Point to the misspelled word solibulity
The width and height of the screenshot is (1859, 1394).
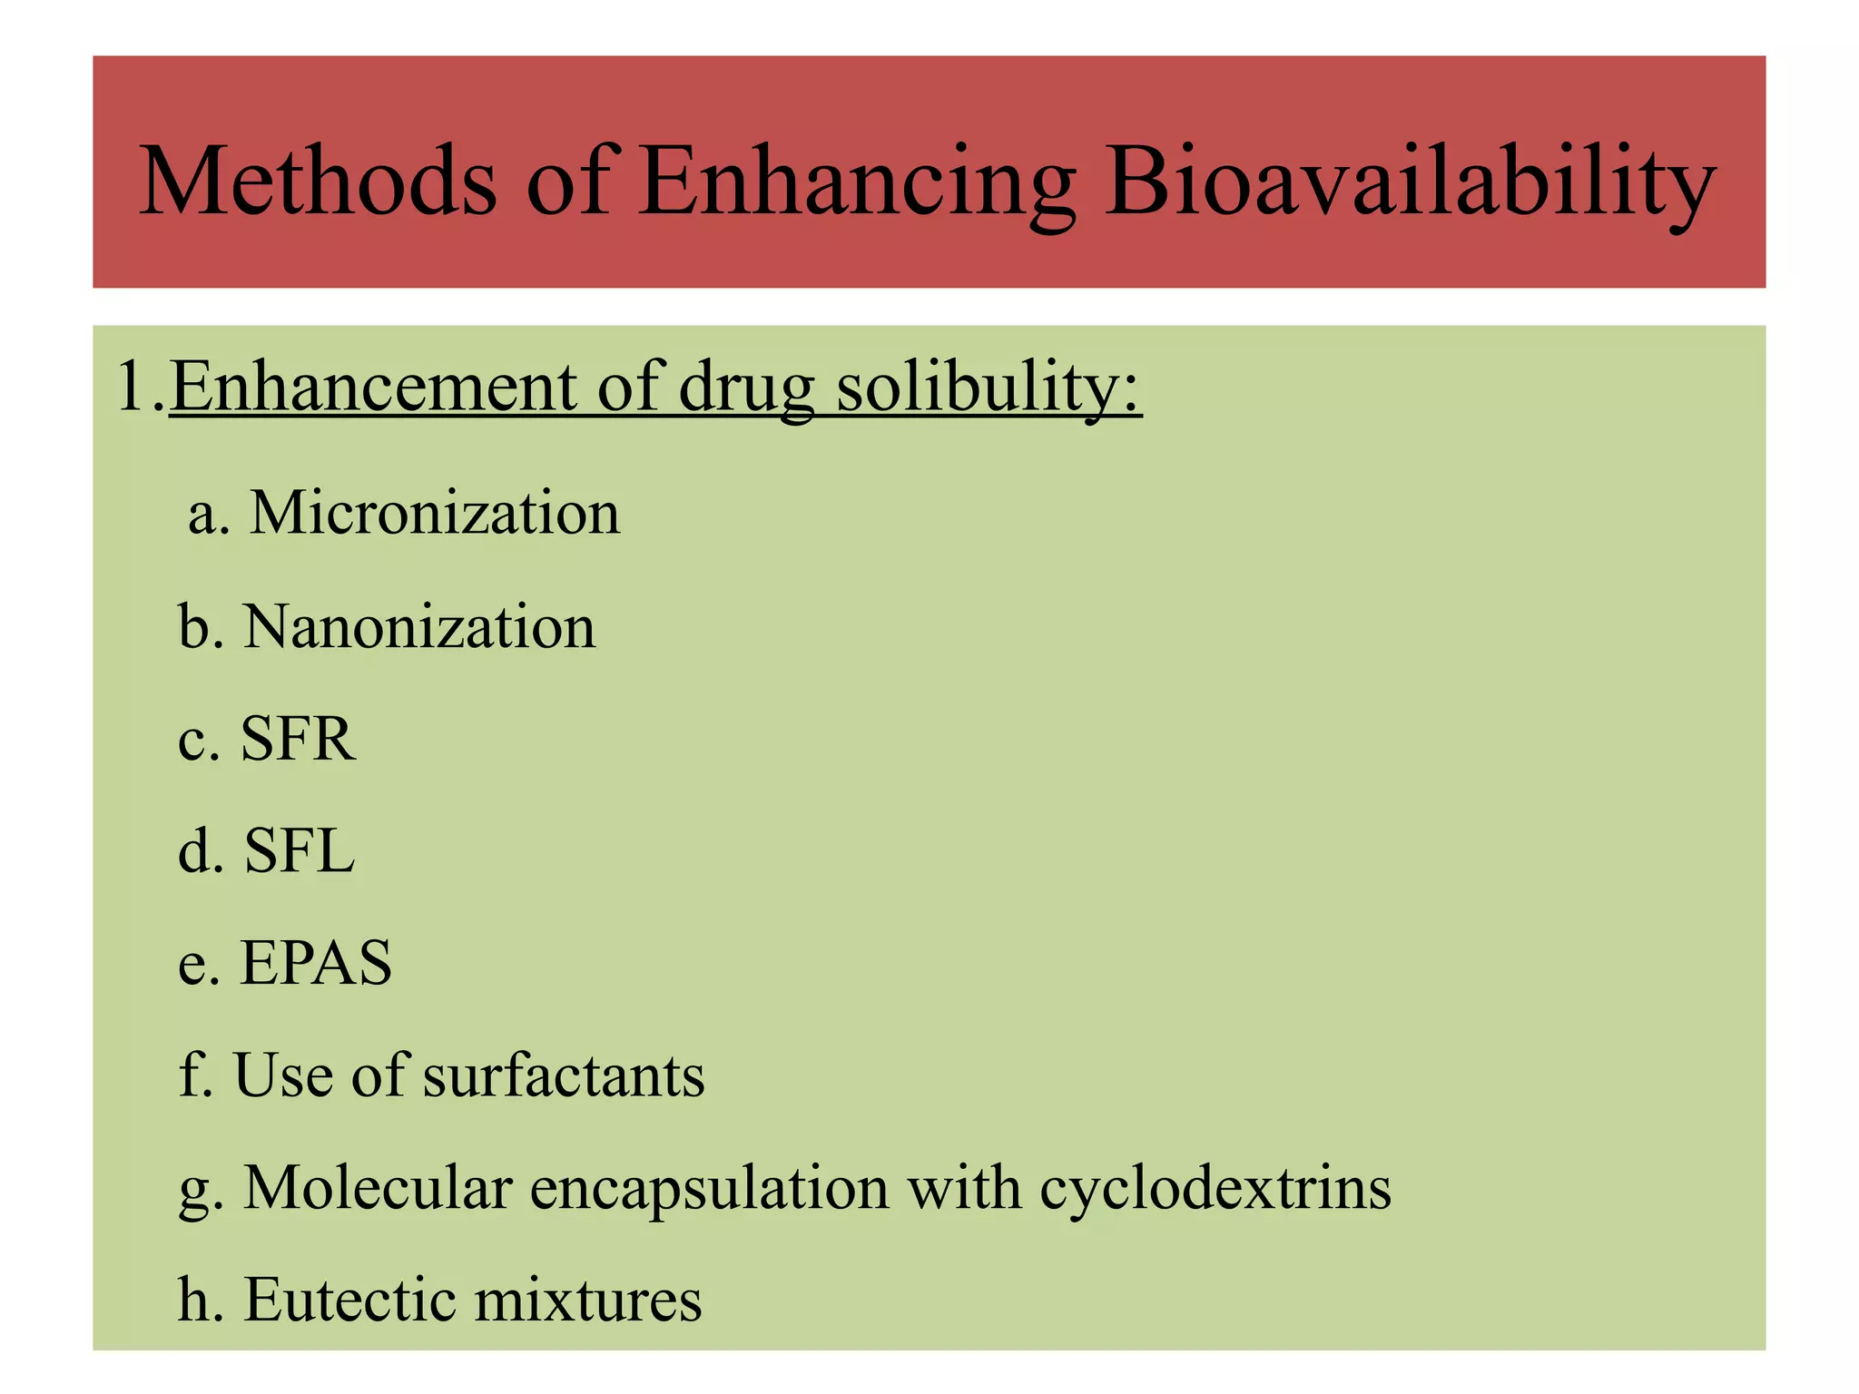[987, 388]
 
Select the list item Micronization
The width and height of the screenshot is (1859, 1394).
[434, 513]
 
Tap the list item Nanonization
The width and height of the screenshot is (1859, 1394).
[418, 626]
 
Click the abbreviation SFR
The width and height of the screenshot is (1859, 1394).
[297, 739]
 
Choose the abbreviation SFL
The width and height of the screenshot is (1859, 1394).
[299, 851]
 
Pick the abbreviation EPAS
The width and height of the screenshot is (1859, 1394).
[315, 962]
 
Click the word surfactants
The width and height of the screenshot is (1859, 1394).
[564, 1075]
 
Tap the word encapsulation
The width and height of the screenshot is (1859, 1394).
[709, 1189]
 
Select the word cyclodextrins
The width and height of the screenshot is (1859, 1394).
[1215, 1189]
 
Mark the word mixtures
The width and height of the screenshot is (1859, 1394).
[588, 1300]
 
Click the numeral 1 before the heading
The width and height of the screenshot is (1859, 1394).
[132, 387]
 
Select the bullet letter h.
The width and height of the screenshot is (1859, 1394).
[196, 1300]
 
